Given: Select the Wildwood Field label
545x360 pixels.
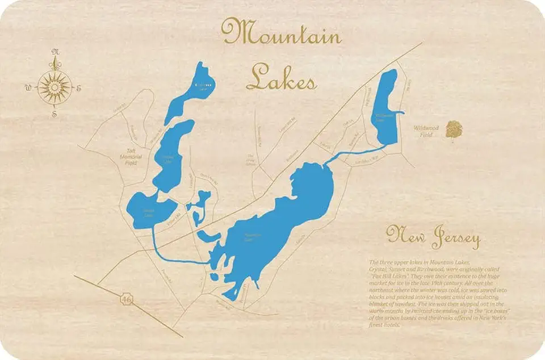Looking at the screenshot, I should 422,132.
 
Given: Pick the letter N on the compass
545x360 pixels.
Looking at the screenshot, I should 55,53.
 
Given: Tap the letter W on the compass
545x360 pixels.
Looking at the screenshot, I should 28,87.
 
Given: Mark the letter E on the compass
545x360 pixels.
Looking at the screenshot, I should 79,87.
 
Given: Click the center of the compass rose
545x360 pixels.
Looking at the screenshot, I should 54,87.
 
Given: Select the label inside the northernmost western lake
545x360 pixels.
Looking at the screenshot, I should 203,85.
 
